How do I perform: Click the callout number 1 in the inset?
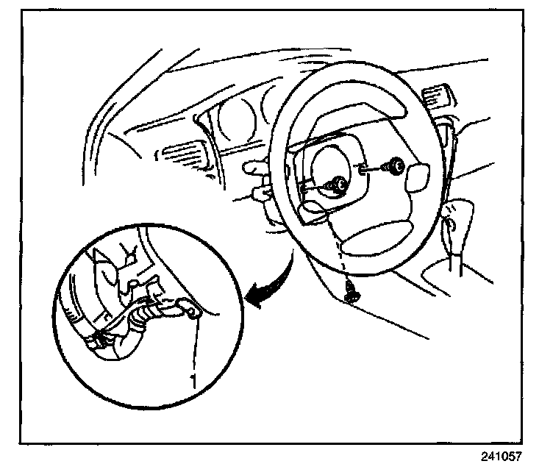coord(193,381)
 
